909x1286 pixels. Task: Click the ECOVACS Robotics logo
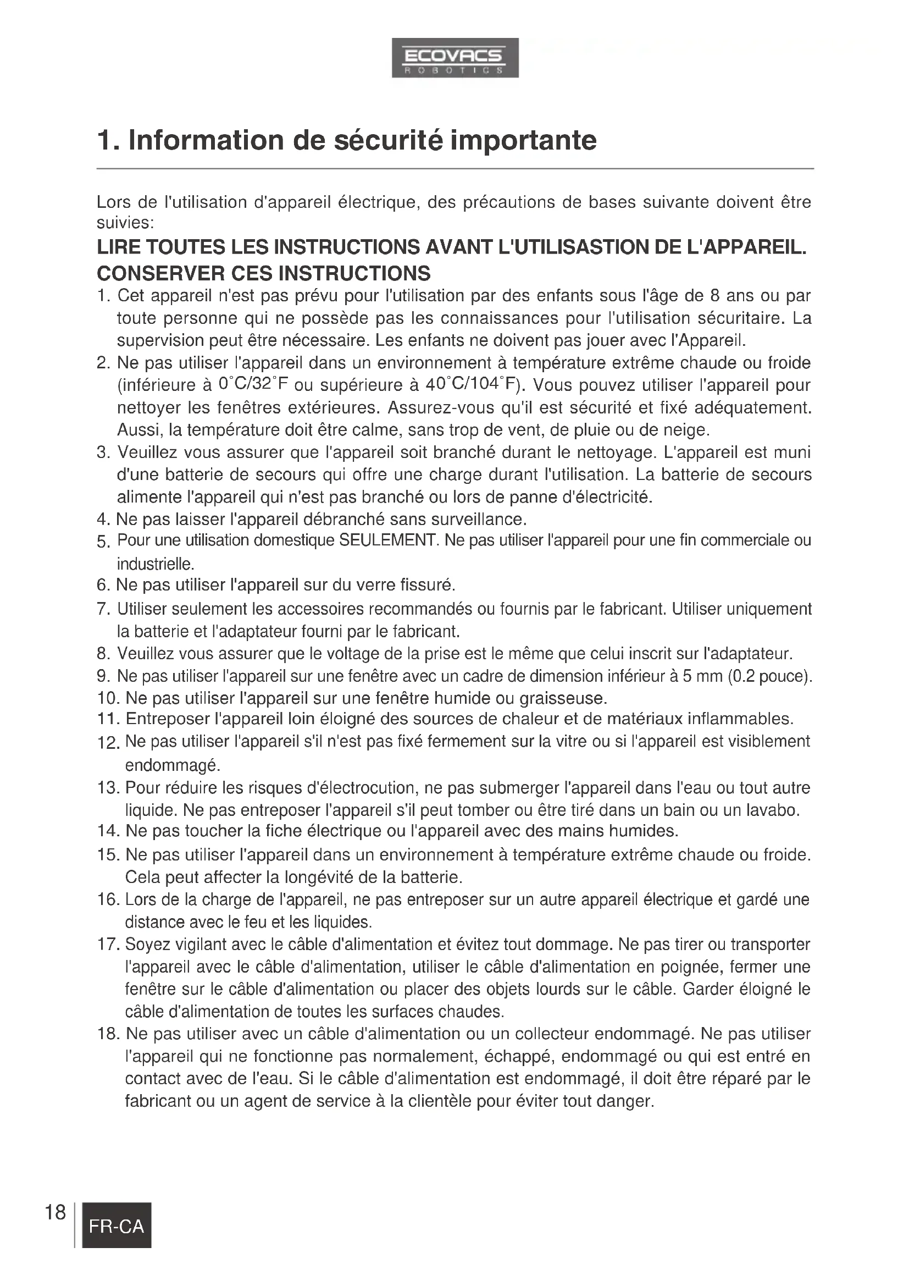454,57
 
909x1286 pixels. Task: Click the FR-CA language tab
117,1227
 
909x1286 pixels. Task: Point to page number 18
55,1212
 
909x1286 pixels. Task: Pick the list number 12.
109,743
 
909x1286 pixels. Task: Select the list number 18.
109,1034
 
